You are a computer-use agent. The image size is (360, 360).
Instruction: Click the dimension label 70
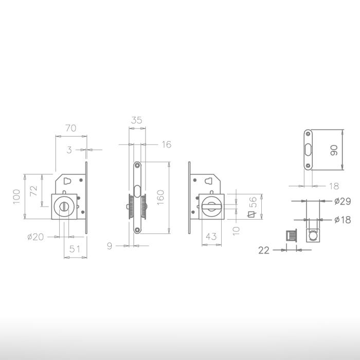pos(71,128)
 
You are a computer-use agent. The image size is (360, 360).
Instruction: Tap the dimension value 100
pos(16,196)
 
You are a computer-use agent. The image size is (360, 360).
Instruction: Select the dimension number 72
pos(34,191)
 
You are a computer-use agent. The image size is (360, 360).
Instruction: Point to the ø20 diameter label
pos(35,237)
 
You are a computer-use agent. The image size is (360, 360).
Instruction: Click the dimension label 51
pos(75,249)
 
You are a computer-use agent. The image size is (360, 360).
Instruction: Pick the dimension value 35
pos(137,120)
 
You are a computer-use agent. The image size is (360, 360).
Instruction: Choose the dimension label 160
pos(160,197)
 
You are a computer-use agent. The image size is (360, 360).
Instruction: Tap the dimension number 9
pos(110,246)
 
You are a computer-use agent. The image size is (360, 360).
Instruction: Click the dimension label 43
pos(211,236)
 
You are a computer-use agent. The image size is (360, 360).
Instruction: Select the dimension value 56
pos(253,202)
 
